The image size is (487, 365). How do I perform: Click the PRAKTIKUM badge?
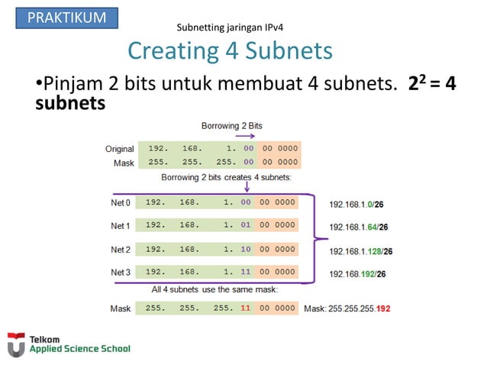coord(66,18)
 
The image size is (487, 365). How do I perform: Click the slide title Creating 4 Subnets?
coord(230,50)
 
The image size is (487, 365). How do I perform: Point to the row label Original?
coord(119,149)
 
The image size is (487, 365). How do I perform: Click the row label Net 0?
coord(121,203)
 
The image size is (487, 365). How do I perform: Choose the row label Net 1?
coord(121,226)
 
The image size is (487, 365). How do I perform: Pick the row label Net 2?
coord(121,250)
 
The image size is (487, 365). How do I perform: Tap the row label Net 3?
coord(121,273)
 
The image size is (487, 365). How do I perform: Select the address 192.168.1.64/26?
coord(359,227)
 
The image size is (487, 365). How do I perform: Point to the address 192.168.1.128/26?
coord(361,250)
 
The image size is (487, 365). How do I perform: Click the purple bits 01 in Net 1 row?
coord(246,226)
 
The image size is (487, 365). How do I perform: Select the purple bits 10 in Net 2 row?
coord(246,249)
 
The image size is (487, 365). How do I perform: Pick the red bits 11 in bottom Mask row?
coord(246,308)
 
